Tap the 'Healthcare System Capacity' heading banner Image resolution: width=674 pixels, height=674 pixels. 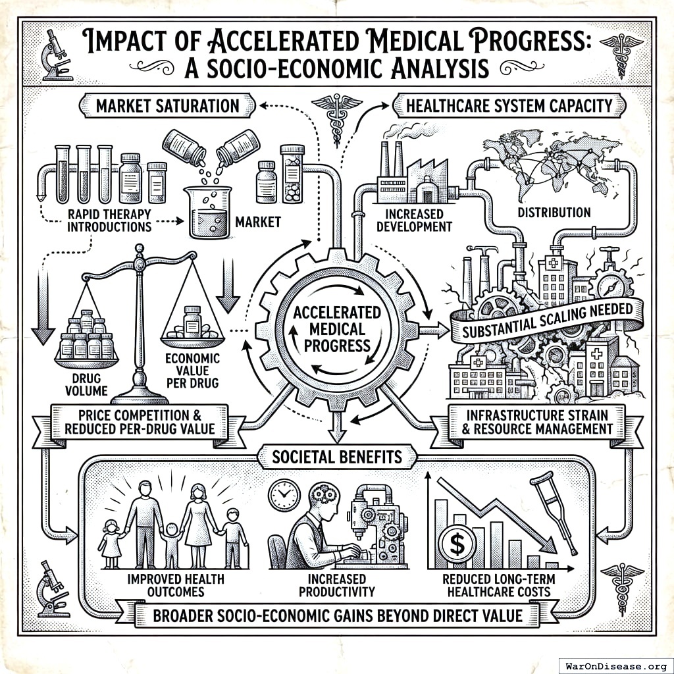[x=509, y=105]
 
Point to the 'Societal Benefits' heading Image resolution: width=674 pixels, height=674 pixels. [x=338, y=455]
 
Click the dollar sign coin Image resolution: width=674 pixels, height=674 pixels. [x=455, y=543]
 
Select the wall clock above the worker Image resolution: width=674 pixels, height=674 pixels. [x=285, y=492]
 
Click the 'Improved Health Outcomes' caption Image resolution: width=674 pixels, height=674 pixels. [x=174, y=585]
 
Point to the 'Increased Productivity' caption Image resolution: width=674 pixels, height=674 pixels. [x=332, y=585]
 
